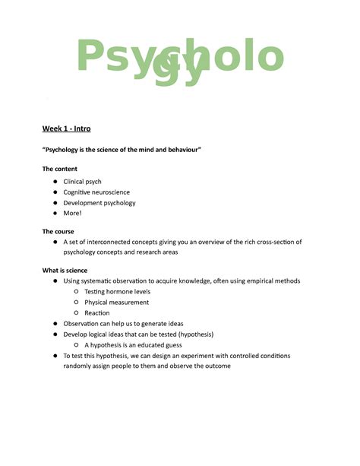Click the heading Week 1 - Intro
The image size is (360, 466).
coord(66,128)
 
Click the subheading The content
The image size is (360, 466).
coord(59,169)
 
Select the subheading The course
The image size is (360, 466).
coord(58,231)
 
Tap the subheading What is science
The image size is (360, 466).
coord(65,271)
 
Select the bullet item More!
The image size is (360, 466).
coord(73,214)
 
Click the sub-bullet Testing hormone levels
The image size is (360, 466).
coord(118,292)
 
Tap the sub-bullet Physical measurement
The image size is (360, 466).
coord(117,303)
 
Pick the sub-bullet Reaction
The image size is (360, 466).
coord(97,313)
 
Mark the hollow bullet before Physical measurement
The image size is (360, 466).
coord(77,303)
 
